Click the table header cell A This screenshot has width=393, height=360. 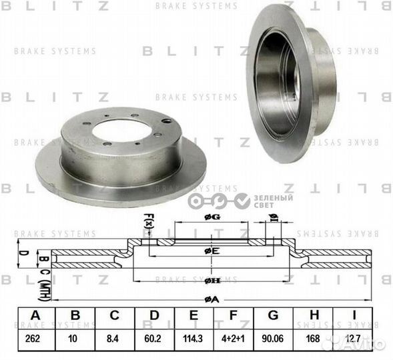[33, 316]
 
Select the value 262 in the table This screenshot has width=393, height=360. [33, 339]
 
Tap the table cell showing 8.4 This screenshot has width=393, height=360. [114, 339]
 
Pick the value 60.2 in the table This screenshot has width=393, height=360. [155, 339]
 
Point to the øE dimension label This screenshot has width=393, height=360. [212, 250]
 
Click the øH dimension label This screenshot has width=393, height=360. [212, 280]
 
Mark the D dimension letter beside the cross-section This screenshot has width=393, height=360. [22, 253]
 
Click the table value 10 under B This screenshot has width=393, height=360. [75, 339]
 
